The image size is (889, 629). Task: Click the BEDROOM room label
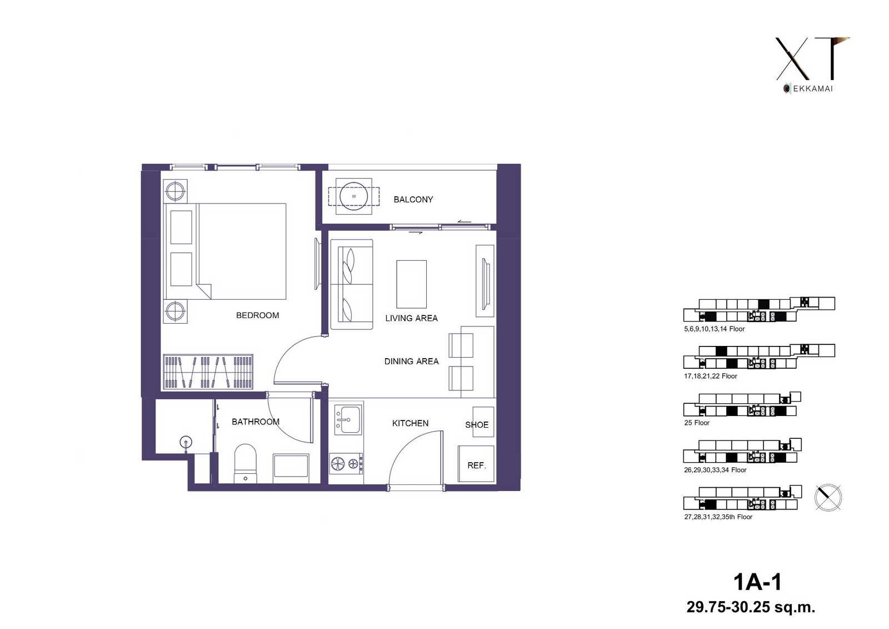[x=257, y=315]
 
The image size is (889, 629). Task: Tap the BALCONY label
[x=413, y=200]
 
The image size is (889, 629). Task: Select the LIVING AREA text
[x=411, y=318]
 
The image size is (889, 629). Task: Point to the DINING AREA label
[x=411, y=361]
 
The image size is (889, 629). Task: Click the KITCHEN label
[x=410, y=423]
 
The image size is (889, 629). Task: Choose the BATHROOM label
[x=255, y=422]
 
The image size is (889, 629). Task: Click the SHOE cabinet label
[x=477, y=425]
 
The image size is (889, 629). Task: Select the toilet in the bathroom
[x=245, y=463]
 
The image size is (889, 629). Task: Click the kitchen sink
[x=348, y=419]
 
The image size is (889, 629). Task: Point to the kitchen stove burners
[x=346, y=463]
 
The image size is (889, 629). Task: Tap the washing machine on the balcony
[x=353, y=196]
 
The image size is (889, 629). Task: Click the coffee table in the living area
[x=411, y=284]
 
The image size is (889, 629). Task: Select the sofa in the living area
[x=352, y=284]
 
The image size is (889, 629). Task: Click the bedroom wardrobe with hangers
[x=208, y=371]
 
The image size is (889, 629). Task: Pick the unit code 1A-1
[x=757, y=582]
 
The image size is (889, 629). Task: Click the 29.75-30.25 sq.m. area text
[x=751, y=607]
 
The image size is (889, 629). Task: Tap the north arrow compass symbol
[x=828, y=498]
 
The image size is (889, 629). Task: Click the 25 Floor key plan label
[x=697, y=423]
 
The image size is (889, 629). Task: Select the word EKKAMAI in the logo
[x=813, y=88]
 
